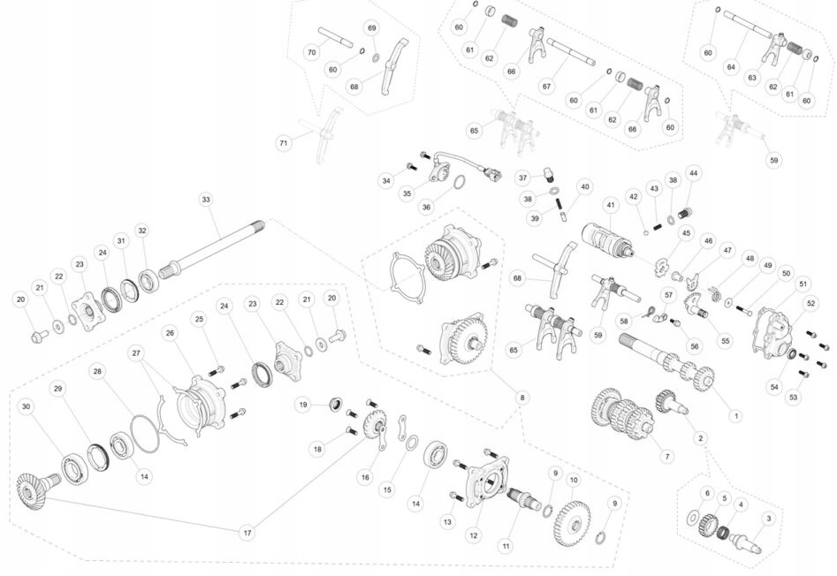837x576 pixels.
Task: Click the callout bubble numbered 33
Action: [x=206, y=200]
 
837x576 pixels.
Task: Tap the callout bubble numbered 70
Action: [x=312, y=52]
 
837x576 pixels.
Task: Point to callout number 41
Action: [x=610, y=205]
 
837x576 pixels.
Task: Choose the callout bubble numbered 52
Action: [x=810, y=303]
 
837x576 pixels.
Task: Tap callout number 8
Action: [x=522, y=398]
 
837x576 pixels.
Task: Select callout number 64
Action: [x=730, y=66]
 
